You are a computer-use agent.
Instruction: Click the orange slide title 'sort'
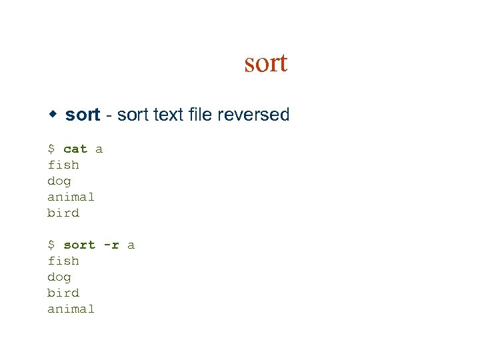pos(265,63)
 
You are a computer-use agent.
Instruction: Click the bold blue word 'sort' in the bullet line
pos(83,115)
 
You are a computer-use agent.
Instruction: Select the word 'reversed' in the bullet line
pos(257,115)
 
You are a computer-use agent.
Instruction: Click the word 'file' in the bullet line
pos(201,115)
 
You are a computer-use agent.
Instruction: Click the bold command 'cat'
pos(75,149)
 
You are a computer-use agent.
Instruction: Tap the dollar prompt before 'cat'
pos(51,149)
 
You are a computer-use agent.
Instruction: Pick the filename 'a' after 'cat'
pos(99,149)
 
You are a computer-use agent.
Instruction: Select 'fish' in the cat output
pos(63,165)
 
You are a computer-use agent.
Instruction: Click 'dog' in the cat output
pos(59,181)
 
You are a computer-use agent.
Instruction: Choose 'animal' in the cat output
pos(71,197)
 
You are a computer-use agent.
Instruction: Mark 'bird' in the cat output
pos(63,213)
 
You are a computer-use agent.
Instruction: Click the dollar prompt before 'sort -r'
pos(51,245)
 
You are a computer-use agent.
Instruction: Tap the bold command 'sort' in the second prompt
pos(79,245)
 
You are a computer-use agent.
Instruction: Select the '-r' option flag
pos(111,245)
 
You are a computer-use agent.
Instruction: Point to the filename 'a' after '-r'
pos(131,245)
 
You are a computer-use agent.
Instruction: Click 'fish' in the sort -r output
pos(63,261)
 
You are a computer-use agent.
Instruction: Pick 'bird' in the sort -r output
pos(63,293)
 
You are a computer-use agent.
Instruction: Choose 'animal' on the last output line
pos(71,309)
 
